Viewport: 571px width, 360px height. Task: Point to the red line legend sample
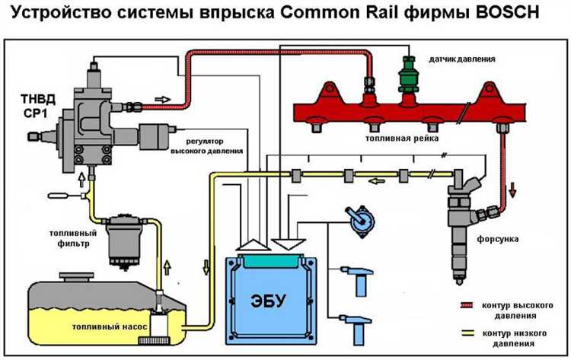point(466,305)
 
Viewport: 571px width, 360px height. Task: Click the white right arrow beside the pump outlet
point(162,99)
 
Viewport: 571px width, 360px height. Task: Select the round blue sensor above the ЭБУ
point(356,221)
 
